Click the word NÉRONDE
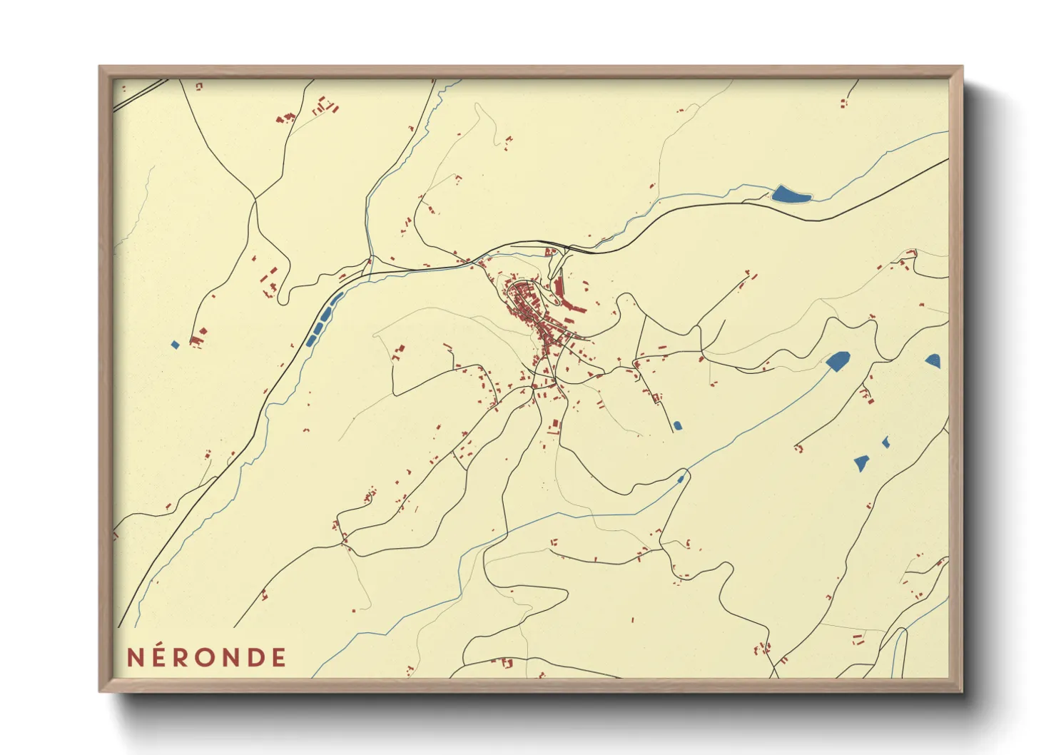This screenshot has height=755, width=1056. [x=207, y=657]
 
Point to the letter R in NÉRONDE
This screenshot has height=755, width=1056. [x=183, y=657]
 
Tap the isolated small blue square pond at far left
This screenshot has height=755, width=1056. [x=175, y=345]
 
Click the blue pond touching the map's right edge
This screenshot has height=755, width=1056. [x=934, y=361]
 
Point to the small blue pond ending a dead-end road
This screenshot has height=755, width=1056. [x=677, y=425]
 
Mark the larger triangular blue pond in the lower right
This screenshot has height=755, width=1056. [x=862, y=463]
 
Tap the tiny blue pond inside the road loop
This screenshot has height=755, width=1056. [x=681, y=479]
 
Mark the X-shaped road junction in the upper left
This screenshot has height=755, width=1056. [x=255, y=199]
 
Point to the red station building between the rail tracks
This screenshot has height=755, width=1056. [x=550, y=251]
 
